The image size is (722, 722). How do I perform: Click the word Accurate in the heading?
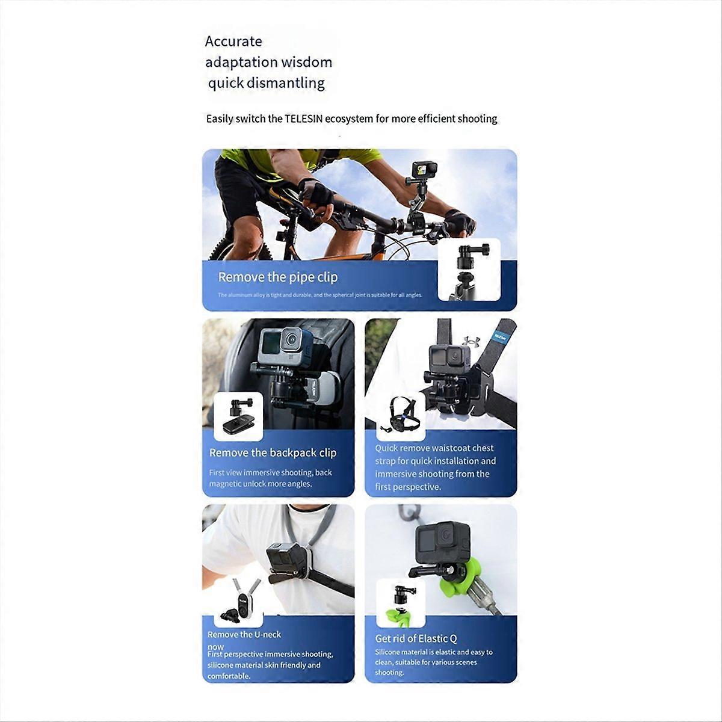click(233, 42)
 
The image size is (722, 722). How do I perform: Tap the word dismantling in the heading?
click(288, 82)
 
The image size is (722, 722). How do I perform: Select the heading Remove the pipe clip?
click(277, 277)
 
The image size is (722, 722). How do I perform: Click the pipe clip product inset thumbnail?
click(469, 269)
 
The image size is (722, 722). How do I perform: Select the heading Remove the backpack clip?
click(273, 452)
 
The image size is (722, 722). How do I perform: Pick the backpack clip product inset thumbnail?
click(238, 416)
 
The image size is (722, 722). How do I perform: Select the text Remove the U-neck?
click(244, 634)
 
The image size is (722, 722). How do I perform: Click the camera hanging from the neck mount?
click(284, 558)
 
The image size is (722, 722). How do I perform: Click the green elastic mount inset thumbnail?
click(401, 602)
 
